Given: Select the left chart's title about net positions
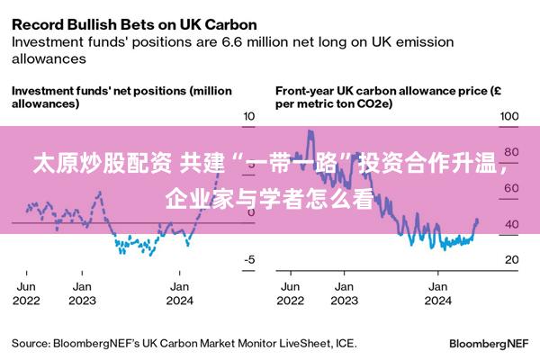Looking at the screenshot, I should click(121, 96).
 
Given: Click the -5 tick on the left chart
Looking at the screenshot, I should click(250, 260).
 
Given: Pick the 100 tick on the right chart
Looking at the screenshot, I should click(508, 117).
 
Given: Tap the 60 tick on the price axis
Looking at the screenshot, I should click(511, 188).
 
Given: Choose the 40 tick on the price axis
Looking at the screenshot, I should click(511, 224).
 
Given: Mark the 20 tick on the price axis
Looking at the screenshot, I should click(511, 260).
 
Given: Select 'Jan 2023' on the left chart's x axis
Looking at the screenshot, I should click(82, 293).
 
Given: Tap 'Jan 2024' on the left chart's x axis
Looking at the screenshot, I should click(180, 293).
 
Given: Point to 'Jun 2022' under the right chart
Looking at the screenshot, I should click(290, 293).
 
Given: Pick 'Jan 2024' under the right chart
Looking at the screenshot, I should click(438, 293).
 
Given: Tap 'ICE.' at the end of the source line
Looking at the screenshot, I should click(345, 343).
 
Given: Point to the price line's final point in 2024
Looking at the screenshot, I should click(477, 221).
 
